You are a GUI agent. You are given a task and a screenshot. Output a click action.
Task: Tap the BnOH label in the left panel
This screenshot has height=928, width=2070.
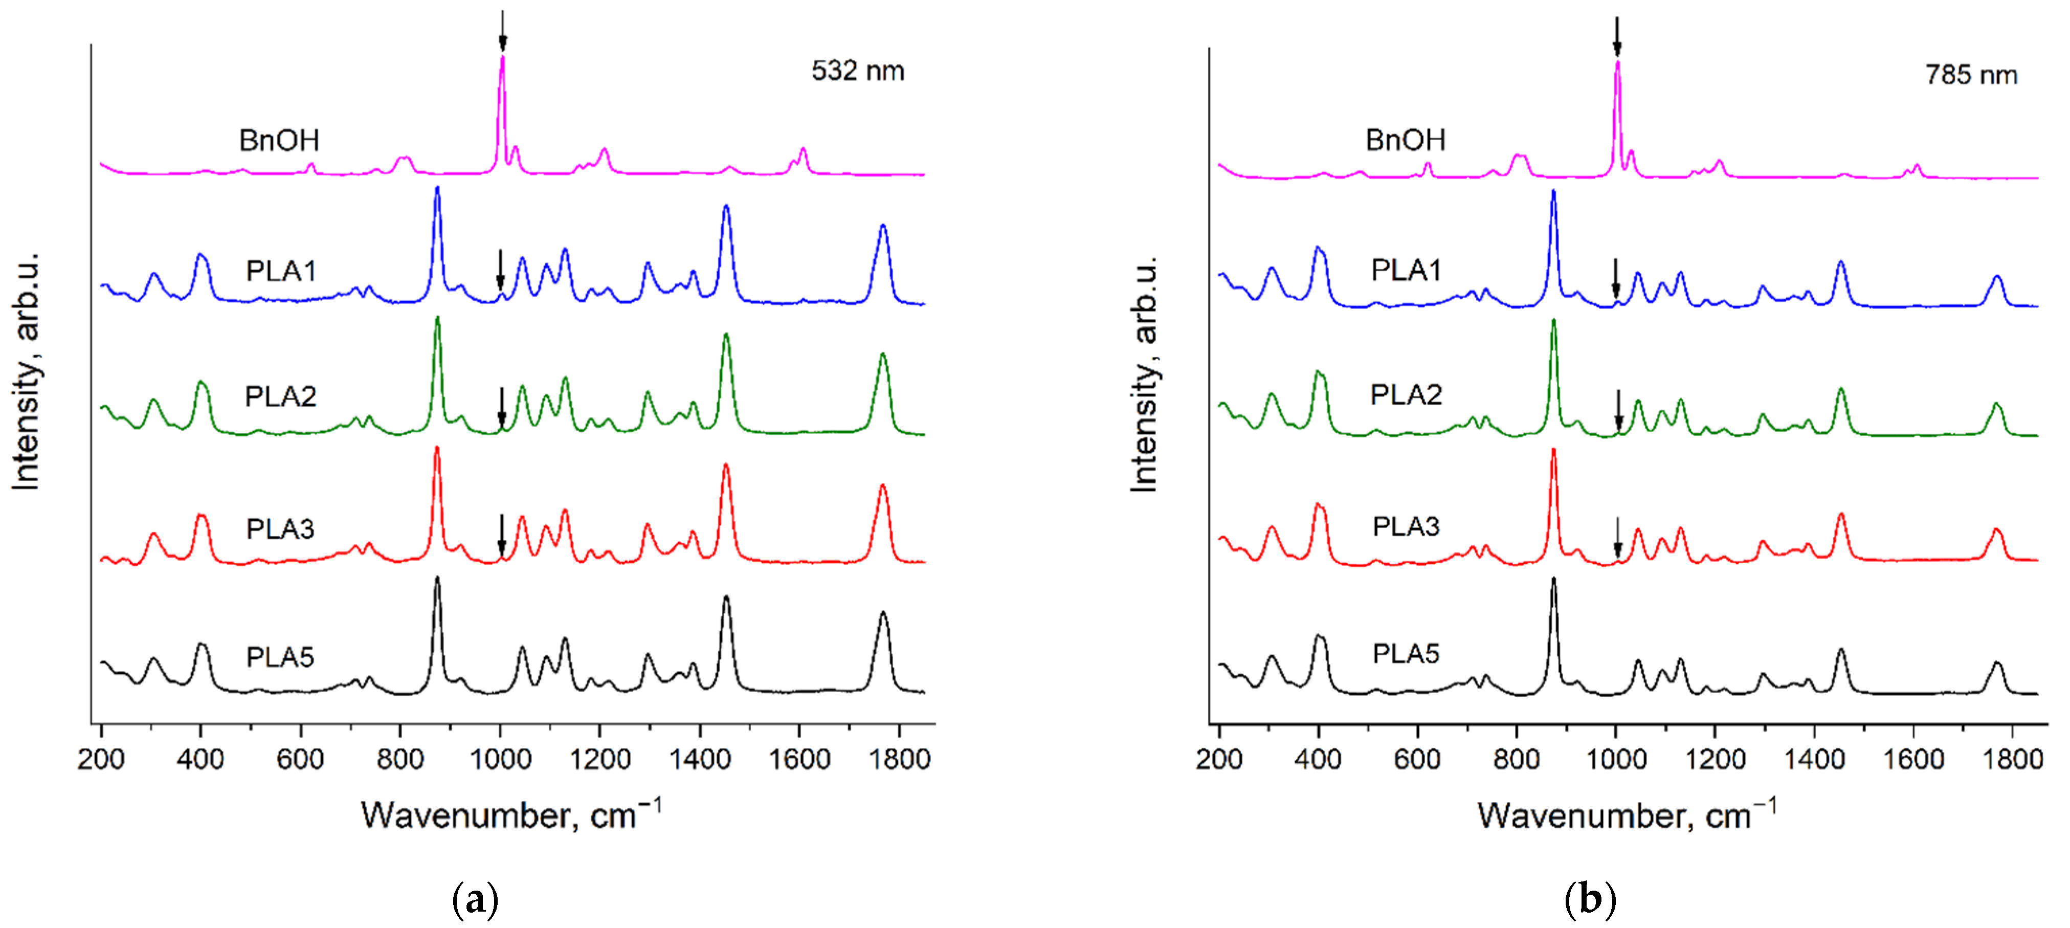[x=279, y=141]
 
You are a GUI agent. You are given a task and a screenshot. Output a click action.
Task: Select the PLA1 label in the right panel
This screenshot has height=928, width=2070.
[x=1406, y=270]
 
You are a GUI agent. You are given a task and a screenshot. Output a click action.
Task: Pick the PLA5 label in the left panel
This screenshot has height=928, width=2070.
[x=280, y=657]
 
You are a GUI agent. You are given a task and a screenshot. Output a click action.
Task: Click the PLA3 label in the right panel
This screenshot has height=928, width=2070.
[x=1406, y=526]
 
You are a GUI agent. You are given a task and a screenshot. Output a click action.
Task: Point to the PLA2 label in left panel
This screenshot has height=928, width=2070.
[x=280, y=396]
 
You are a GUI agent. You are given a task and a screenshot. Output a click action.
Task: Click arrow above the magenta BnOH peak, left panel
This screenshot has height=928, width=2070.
[x=503, y=31]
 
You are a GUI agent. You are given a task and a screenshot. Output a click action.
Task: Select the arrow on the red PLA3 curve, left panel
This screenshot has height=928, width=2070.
[x=501, y=534]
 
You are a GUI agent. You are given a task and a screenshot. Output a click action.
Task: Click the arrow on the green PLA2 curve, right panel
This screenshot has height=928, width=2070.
[x=1618, y=410]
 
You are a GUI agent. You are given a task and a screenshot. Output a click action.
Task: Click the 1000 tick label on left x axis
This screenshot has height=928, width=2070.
[x=500, y=759]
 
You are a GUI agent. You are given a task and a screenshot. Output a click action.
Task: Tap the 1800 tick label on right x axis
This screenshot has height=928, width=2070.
[x=2012, y=759]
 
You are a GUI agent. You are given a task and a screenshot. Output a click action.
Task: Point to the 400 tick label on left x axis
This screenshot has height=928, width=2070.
[x=200, y=759]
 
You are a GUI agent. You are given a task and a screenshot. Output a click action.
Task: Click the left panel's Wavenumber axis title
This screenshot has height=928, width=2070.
[x=510, y=815]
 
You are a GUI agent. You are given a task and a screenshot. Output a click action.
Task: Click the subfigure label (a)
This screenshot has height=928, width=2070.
[x=475, y=900]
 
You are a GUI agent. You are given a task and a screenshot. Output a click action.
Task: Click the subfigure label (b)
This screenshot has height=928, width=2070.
[x=1590, y=900]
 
